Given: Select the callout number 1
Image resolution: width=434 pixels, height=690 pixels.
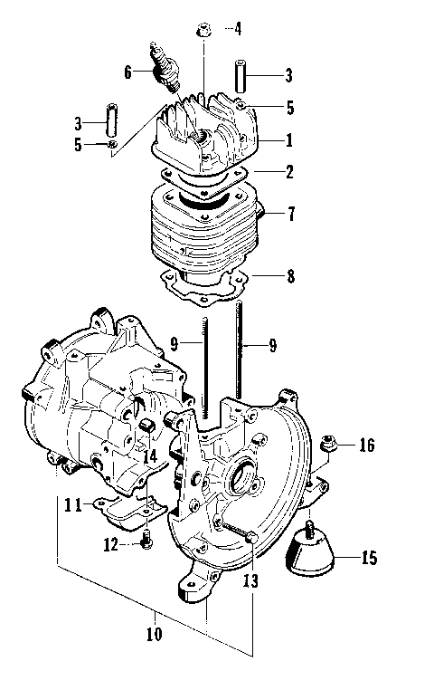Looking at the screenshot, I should click(x=289, y=140).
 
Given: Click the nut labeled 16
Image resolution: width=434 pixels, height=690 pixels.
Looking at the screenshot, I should click(x=329, y=444).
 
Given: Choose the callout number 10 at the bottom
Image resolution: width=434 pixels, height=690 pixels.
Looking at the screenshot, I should click(x=154, y=633).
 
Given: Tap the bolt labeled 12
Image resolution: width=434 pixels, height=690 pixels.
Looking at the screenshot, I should click(x=146, y=541).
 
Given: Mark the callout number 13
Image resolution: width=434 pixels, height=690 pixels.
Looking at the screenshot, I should click(x=250, y=580).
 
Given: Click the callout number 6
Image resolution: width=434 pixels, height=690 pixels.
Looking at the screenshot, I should click(x=128, y=71).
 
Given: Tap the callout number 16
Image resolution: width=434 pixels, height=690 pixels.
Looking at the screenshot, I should click(x=366, y=446).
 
